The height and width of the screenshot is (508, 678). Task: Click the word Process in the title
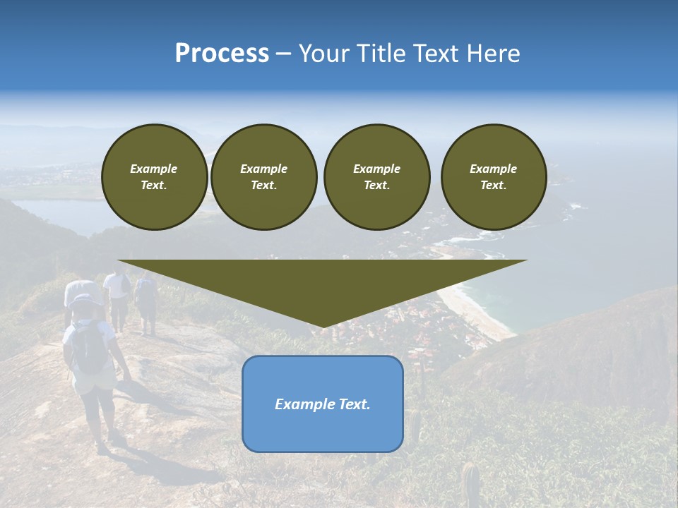(x=222, y=54)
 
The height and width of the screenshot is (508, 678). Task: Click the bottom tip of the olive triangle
(x=323, y=326)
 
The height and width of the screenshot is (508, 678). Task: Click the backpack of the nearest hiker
(x=88, y=348)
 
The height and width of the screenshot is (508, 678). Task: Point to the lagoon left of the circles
(x=56, y=212)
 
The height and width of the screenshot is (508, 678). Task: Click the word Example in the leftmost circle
(x=154, y=169)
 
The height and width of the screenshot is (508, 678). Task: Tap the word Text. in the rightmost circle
(x=494, y=185)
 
